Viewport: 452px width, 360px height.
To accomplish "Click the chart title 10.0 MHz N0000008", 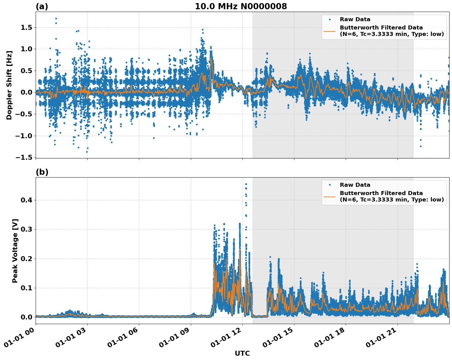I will click(x=241, y=6).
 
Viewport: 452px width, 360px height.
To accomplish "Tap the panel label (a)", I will click(x=42, y=6).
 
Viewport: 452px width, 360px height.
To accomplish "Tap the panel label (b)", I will click(x=42, y=172).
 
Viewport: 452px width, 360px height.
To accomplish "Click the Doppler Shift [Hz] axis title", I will click(x=9, y=85).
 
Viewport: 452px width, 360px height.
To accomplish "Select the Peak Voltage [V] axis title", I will click(x=15, y=251).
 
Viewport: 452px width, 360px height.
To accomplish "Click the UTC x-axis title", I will click(x=242, y=353).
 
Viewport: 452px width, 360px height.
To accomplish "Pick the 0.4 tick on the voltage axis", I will click(x=26, y=200).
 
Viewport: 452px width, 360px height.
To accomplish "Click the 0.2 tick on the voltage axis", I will click(x=26, y=259).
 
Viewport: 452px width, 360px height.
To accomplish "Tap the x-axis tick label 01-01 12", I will click(x=226, y=338).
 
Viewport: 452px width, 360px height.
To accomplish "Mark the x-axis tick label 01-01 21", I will click(x=381, y=338).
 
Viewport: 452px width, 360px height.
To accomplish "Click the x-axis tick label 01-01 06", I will click(x=123, y=338).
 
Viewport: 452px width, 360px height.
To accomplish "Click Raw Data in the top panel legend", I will click(x=355, y=19).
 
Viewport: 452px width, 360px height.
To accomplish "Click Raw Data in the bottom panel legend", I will click(x=355, y=185).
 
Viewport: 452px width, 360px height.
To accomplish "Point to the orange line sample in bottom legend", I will click(x=330, y=197).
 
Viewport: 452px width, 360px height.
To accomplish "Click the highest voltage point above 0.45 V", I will click(x=246, y=184).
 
